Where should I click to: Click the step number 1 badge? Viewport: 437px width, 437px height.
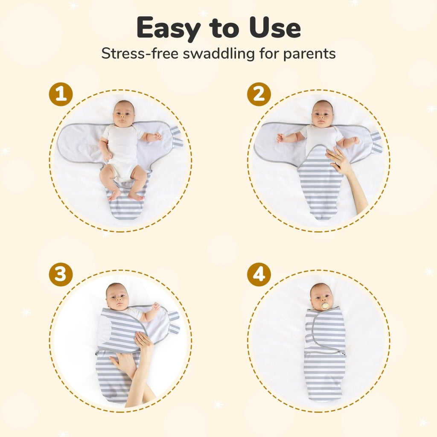click(x=61, y=94)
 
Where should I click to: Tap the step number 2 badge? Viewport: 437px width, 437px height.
click(x=259, y=94)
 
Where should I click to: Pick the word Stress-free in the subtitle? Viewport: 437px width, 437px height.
click(x=138, y=54)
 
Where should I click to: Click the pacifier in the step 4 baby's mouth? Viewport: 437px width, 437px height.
click(x=325, y=306)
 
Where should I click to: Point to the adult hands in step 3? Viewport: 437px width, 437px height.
click(x=137, y=358)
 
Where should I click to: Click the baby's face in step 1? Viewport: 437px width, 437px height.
click(x=124, y=114)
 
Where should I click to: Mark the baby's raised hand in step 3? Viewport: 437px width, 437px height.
click(x=156, y=307)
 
